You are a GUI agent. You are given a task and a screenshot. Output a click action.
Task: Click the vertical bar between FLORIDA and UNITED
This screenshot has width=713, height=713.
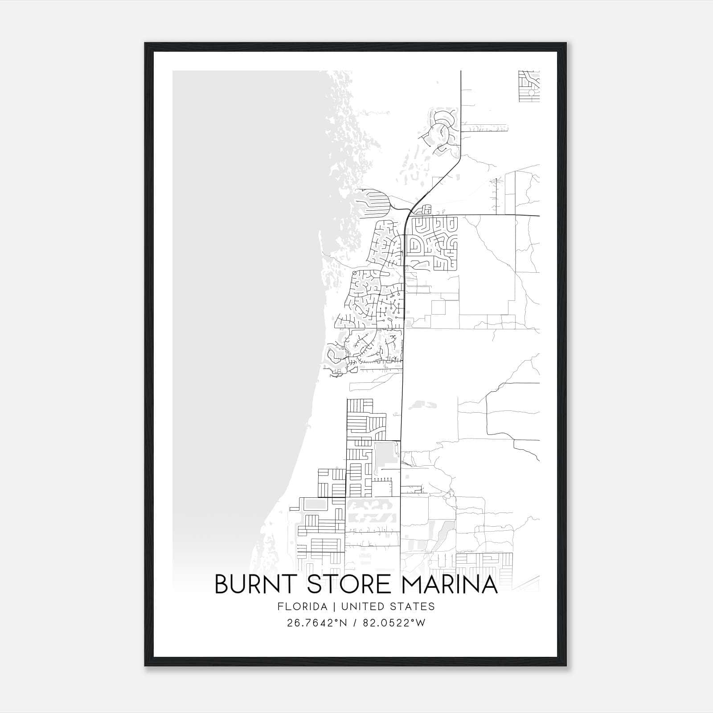[x=328, y=606]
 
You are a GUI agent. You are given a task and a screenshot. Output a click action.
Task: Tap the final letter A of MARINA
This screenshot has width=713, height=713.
[x=489, y=585]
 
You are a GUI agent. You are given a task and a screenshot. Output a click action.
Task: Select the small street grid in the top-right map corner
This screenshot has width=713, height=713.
[x=529, y=86]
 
